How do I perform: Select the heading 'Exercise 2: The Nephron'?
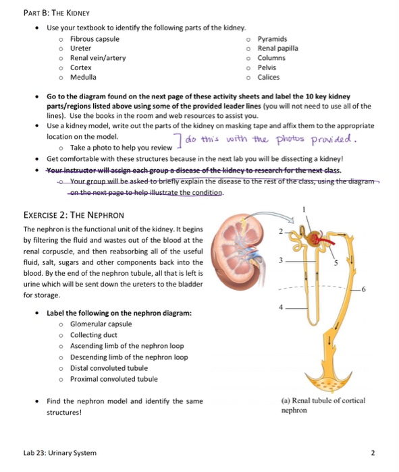point(64,214)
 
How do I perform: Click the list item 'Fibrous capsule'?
point(95,39)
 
